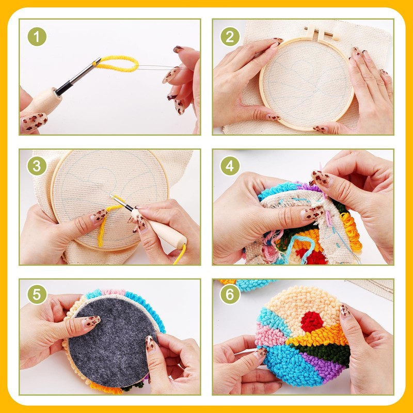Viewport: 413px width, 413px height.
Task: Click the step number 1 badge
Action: [x=37, y=37]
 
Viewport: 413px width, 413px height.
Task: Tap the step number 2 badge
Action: [x=230, y=37]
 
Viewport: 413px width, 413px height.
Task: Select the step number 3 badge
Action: [x=37, y=166]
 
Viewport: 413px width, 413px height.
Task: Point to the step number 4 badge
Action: [x=230, y=166]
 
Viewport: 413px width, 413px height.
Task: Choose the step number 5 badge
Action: [x=37, y=294]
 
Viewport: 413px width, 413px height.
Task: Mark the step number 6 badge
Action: [x=230, y=294]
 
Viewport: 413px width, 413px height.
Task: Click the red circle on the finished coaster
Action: [x=313, y=321]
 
